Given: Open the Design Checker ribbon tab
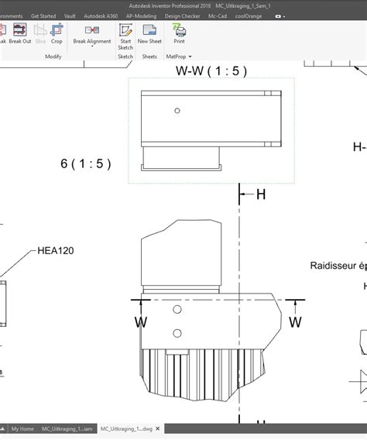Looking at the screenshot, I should [182, 15].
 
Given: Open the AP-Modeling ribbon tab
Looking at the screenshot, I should [142, 15].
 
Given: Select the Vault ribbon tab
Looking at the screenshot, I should [70, 15].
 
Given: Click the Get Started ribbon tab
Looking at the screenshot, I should [43, 15].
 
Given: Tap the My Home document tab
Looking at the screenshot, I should [22, 428].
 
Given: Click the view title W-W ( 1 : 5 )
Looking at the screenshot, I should [211, 71].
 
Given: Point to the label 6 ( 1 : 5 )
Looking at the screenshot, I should [85, 163].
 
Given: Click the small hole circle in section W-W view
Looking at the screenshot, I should [177, 111].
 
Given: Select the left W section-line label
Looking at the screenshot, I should [140, 321].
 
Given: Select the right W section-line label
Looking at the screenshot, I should [295, 321].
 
